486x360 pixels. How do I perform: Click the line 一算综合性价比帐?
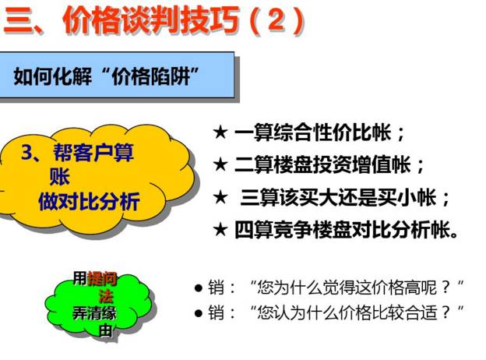pos(319,132)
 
